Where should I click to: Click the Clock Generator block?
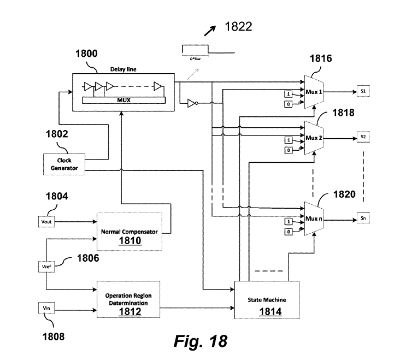tap(64, 164)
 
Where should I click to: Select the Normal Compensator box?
tap(130, 235)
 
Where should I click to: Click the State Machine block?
tap(267, 300)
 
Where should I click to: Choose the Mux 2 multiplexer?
tap(314, 138)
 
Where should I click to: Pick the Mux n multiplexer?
tap(314, 219)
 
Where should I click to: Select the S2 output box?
tap(364, 135)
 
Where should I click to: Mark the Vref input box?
tap(46, 266)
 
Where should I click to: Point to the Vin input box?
tap(46, 309)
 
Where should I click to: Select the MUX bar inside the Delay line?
tap(122, 101)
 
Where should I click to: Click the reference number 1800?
tap(85, 54)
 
